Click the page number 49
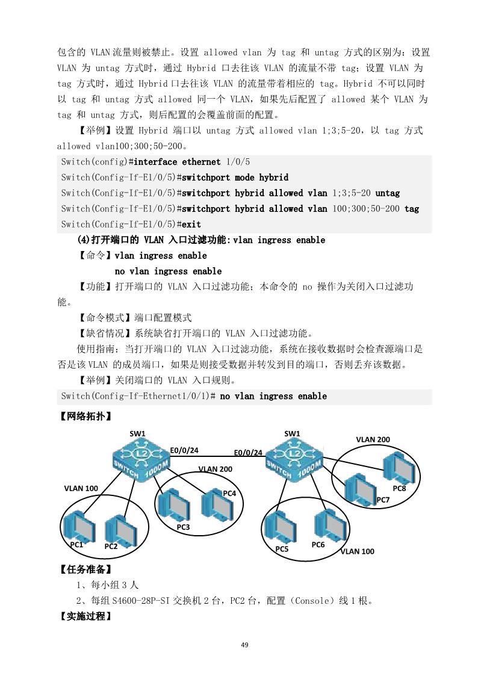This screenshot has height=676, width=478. click(244, 645)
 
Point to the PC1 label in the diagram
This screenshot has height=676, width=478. click(76, 545)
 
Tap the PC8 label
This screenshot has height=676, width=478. click(399, 488)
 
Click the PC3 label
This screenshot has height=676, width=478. click(184, 527)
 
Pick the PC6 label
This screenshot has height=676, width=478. click(318, 544)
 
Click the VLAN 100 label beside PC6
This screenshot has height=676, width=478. click(357, 551)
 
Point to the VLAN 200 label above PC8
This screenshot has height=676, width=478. click(373, 439)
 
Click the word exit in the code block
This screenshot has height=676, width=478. click(191, 225)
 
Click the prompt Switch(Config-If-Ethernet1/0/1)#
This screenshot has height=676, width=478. click(138, 396)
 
